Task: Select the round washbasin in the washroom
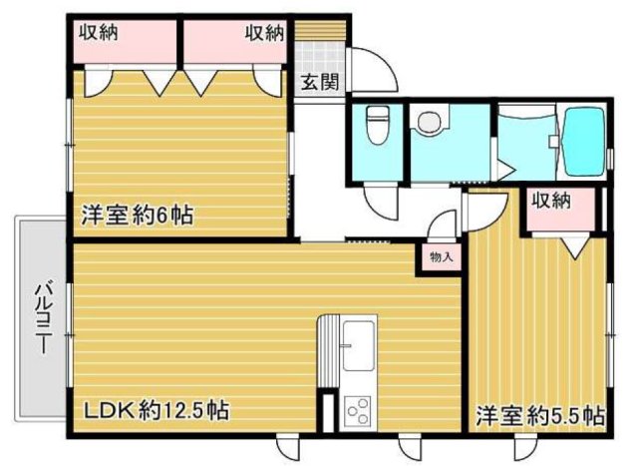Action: pos(430,123)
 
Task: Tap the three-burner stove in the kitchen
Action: pos(356,410)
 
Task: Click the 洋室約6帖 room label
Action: pos(137,214)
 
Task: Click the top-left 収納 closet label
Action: pos(100,33)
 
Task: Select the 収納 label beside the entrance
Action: pos(264,33)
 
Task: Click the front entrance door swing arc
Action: pos(373,70)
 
